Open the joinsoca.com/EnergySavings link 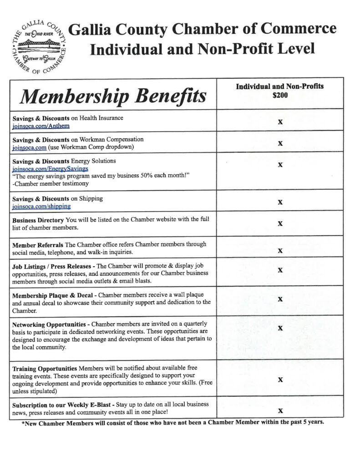click(51, 168)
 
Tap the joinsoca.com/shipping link click(41, 206)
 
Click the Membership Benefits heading click(113, 96)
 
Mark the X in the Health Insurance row click(280, 122)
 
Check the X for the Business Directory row click(280, 223)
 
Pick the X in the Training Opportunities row click(280, 380)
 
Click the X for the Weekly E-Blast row click(280, 410)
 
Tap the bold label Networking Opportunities click(49, 324)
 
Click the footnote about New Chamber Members click(172, 422)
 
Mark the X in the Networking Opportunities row click(280, 328)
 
